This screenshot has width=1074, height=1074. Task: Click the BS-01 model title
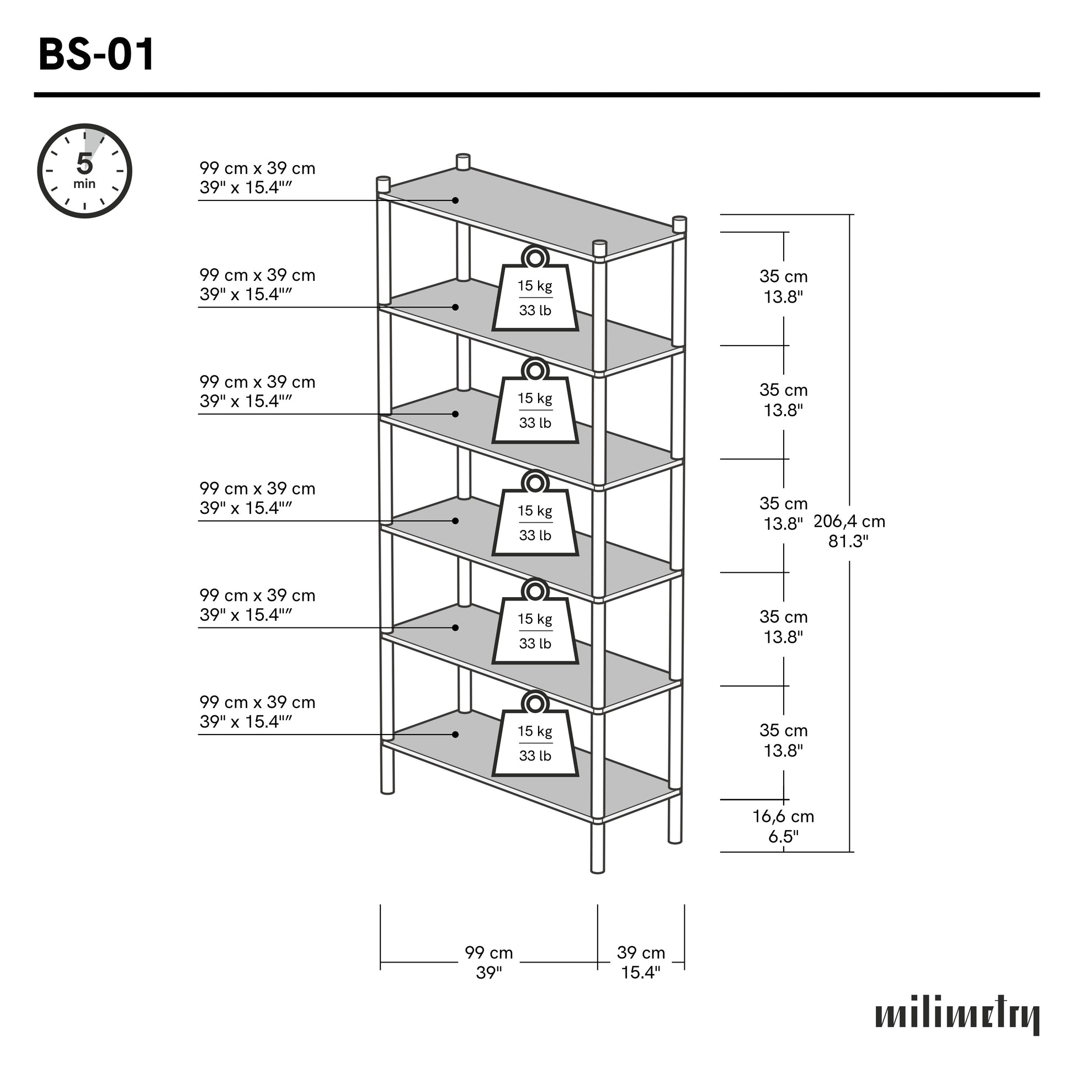pyautogui.click(x=96, y=56)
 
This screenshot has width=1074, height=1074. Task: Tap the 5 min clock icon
pyautogui.click(x=84, y=171)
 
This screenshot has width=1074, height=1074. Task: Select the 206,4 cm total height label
pyautogui.click(x=849, y=531)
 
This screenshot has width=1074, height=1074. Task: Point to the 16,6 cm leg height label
pyautogui.click(x=783, y=826)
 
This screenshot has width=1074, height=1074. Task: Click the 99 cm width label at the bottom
pyautogui.click(x=488, y=963)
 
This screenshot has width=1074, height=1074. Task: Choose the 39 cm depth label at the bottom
pyautogui.click(x=641, y=963)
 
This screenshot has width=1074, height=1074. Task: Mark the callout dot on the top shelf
pyautogui.click(x=455, y=200)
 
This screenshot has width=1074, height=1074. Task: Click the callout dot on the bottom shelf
pyautogui.click(x=455, y=735)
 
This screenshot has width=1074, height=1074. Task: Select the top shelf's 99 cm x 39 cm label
pyautogui.click(x=257, y=178)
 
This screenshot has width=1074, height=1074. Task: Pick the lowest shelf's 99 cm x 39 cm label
pyautogui.click(x=257, y=712)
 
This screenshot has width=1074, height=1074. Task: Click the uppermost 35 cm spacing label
pyautogui.click(x=783, y=286)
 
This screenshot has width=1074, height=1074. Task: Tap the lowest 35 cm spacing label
pyautogui.click(x=783, y=741)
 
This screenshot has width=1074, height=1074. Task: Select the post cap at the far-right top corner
pyautogui.click(x=679, y=224)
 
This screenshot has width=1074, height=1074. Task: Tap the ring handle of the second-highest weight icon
pyautogui.click(x=535, y=369)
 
